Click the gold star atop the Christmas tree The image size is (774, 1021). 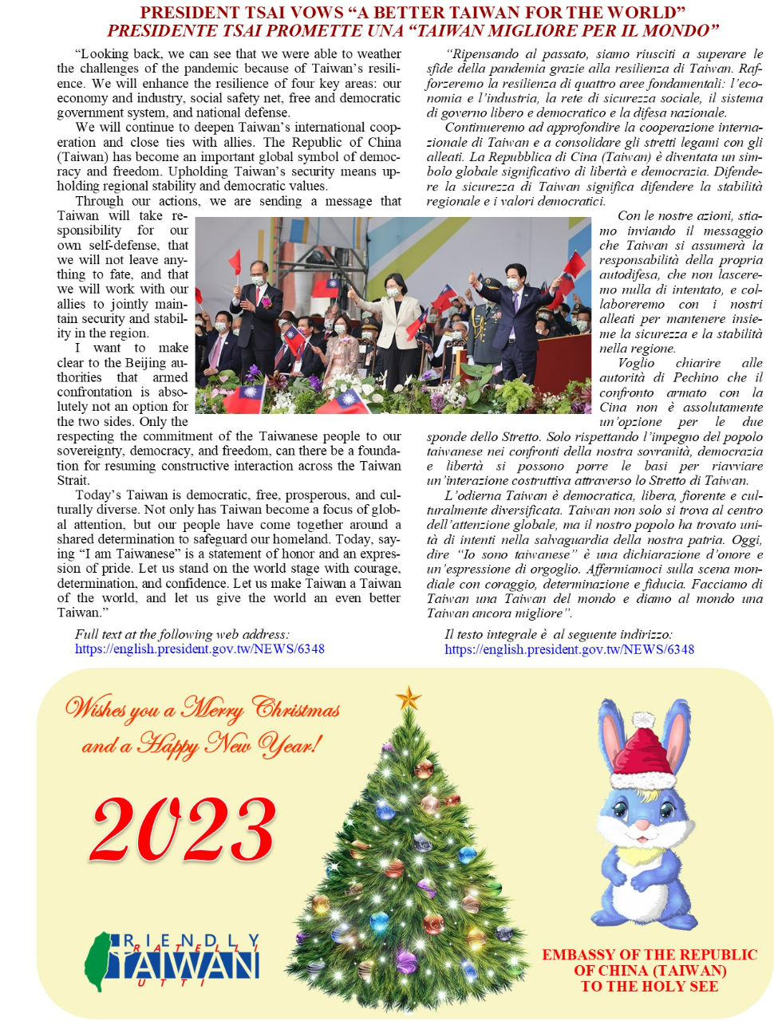409,698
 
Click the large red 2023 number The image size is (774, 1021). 184,830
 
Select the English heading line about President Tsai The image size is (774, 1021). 413,13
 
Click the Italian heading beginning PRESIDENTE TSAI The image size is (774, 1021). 413,31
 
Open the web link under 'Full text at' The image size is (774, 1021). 199,649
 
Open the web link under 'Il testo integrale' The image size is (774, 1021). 569,649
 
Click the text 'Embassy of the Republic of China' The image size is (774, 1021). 650,962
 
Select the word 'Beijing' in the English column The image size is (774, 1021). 146,363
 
